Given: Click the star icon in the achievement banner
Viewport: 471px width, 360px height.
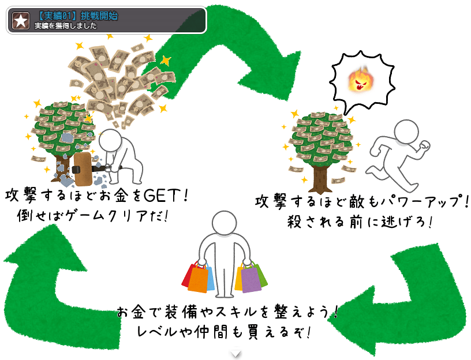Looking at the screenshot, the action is (21, 21).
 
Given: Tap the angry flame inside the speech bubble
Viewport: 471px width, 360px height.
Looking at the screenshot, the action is (360, 81).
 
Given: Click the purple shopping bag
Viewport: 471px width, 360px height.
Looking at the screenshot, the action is (252, 279).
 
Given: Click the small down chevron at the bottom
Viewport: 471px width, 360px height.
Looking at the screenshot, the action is (235, 353).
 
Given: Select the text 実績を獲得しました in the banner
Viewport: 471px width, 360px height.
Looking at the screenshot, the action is (66, 26).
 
